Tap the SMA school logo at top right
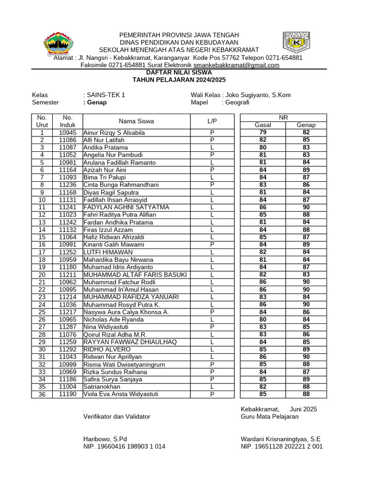click(296, 43)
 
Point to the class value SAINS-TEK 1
click(106, 95)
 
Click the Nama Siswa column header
click(136, 121)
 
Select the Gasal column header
click(263, 125)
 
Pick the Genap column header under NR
click(306, 125)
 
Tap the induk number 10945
click(68, 132)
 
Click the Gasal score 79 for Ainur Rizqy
click(263, 132)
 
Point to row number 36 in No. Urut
click(42, 394)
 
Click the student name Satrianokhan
click(102, 387)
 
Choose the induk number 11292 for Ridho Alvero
click(68, 349)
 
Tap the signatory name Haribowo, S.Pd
click(105, 439)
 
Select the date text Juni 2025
click(303, 409)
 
